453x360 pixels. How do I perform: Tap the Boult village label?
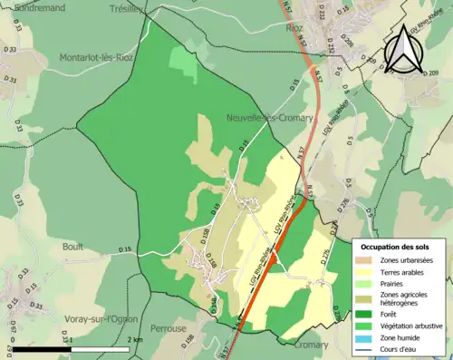[x=72, y=246]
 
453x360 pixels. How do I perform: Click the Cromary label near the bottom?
[x=313, y=345]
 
